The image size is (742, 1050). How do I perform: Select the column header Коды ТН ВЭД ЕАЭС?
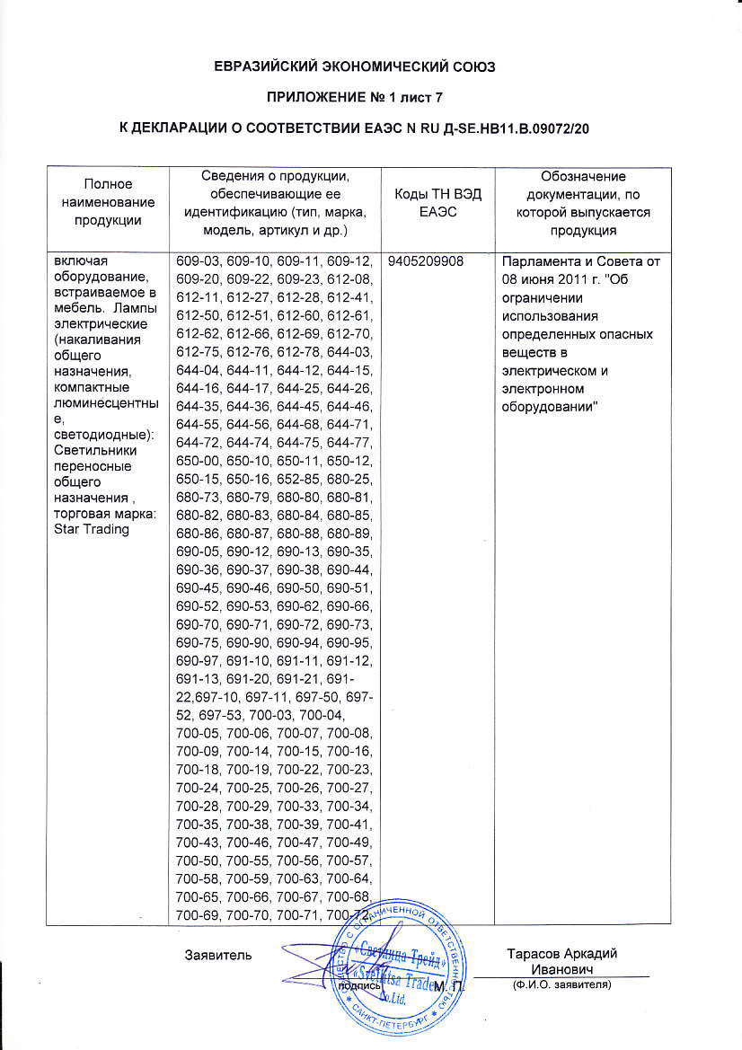tap(439, 206)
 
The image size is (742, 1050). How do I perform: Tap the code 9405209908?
tap(427, 261)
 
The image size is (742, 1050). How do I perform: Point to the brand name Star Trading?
tap(92, 528)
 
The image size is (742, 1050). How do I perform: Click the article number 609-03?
tap(197, 261)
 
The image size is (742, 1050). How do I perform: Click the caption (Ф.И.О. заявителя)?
tap(561, 985)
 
